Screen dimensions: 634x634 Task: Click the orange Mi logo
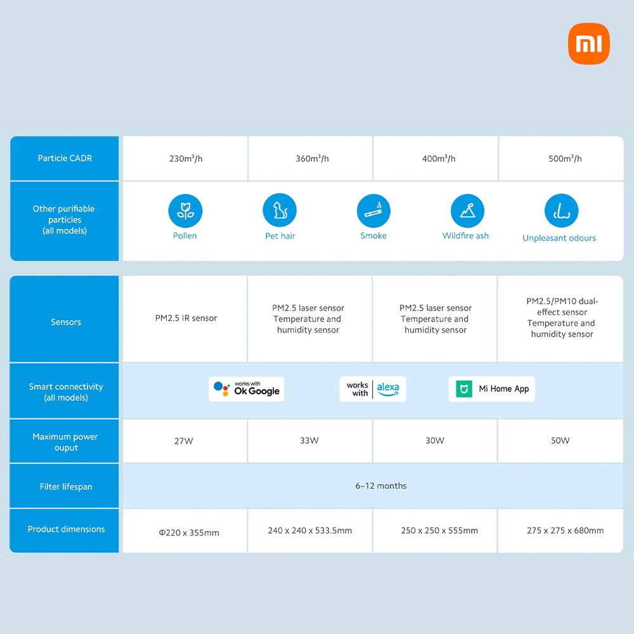[588, 44]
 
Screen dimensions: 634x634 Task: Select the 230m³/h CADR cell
[186, 158]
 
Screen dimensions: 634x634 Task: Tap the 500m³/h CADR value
[564, 158]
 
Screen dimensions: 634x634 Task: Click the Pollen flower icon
[185, 211]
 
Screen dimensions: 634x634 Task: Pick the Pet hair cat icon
[280, 211]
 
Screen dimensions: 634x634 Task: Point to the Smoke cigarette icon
[373, 211]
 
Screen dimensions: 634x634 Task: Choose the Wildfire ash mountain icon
[467, 211]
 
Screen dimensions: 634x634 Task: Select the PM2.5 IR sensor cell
[186, 318]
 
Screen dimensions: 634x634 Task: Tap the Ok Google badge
[247, 389]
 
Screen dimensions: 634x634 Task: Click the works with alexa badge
[373, 389]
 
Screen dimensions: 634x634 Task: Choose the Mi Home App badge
[492, 389]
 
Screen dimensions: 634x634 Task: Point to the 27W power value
[184, 441]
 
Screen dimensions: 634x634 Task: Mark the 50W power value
[560, 441]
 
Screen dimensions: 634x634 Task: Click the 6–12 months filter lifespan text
[381, 486]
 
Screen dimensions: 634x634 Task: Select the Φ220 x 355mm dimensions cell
[189, 533]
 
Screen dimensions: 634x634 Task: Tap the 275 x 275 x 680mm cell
[565, 531]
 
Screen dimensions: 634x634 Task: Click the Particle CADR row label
[65, 158]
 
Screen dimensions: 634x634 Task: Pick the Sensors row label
[66, 322]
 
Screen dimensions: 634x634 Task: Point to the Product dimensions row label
[66, 529]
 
